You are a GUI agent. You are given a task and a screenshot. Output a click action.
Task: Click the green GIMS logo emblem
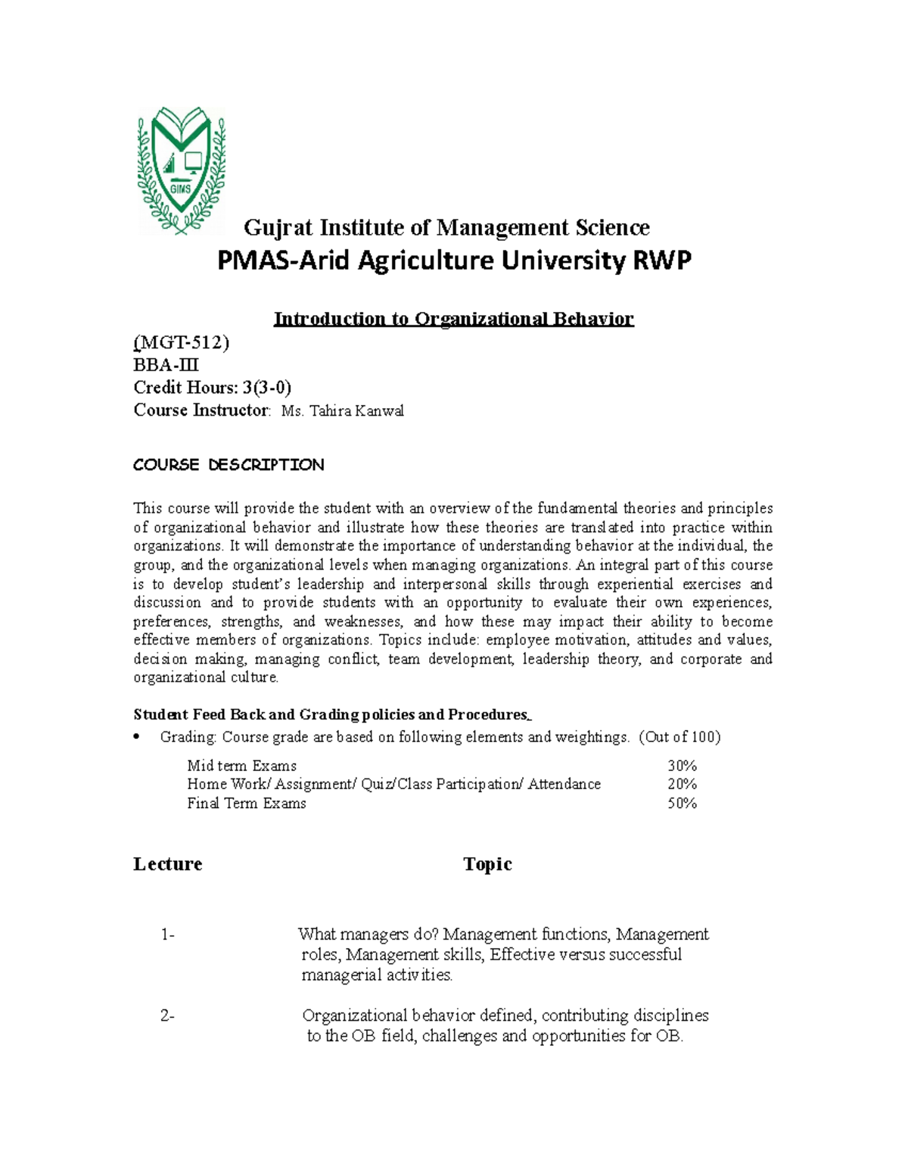tap(181, 170)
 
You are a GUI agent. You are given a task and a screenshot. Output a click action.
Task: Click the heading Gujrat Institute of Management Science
tap(446, 227)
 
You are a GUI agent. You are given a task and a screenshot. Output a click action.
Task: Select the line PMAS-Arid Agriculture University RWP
tap(454, 261)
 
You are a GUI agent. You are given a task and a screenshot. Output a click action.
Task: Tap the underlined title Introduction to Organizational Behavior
tap(453, 319)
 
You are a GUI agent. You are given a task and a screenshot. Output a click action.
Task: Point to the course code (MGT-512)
tap(181, 343)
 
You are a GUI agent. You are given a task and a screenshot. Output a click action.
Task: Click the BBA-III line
tap(166, 365)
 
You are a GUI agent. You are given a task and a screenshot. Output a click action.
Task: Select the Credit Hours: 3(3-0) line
tap(212, 388)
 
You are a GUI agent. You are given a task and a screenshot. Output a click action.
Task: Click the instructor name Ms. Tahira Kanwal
tap(342, 411)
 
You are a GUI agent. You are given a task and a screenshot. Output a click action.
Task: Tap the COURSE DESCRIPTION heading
tap(229, 465)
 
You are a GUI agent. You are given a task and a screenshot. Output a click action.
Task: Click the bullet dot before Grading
tap(137, 738)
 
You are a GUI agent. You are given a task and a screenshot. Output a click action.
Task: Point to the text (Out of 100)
tap(679, 737)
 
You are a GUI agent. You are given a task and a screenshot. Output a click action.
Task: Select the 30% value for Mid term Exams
tap(682, 766)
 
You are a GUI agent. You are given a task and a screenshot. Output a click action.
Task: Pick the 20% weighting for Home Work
tap(682, 785)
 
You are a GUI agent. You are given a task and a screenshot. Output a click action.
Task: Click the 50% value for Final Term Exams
tap(682, 803)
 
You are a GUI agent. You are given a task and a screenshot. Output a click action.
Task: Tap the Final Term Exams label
tap(247, 803)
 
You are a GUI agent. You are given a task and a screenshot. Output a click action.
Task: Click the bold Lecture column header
tap(168, 864)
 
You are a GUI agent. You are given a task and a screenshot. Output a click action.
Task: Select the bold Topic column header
tap(487, 864)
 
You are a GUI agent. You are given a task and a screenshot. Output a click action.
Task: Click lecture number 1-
tap(168, 934)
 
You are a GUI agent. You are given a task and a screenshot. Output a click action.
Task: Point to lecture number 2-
tap(168, 1016)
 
